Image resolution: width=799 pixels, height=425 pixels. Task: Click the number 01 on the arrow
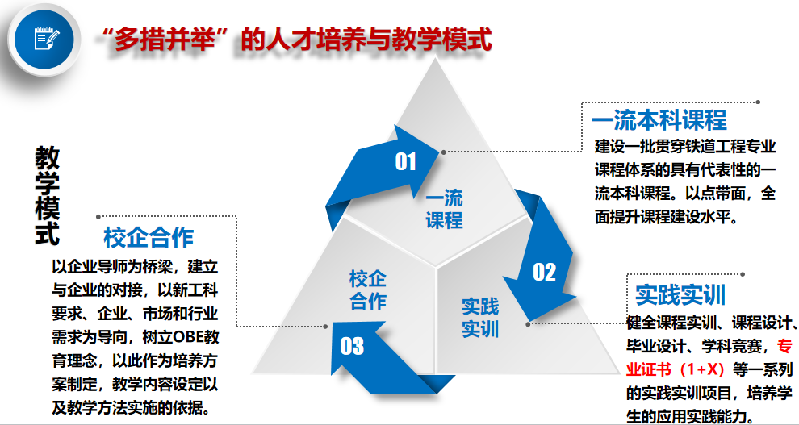[x=405, y=161]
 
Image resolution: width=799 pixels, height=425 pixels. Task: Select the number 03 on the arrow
[x=352, y=346]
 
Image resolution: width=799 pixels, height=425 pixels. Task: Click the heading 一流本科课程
[x=659, y=121]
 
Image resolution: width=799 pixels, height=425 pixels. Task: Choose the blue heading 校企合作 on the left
[x=149, y=238]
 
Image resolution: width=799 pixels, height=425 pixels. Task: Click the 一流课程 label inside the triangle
[x=444, y=209]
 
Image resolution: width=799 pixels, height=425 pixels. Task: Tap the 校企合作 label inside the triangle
[x=368, y=290]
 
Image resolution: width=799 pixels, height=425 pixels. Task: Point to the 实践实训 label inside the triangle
[x=480, y=318]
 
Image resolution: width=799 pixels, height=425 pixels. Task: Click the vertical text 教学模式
[x=48, y=196]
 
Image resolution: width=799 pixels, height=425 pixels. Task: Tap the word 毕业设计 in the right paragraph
[x=655, y=348]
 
